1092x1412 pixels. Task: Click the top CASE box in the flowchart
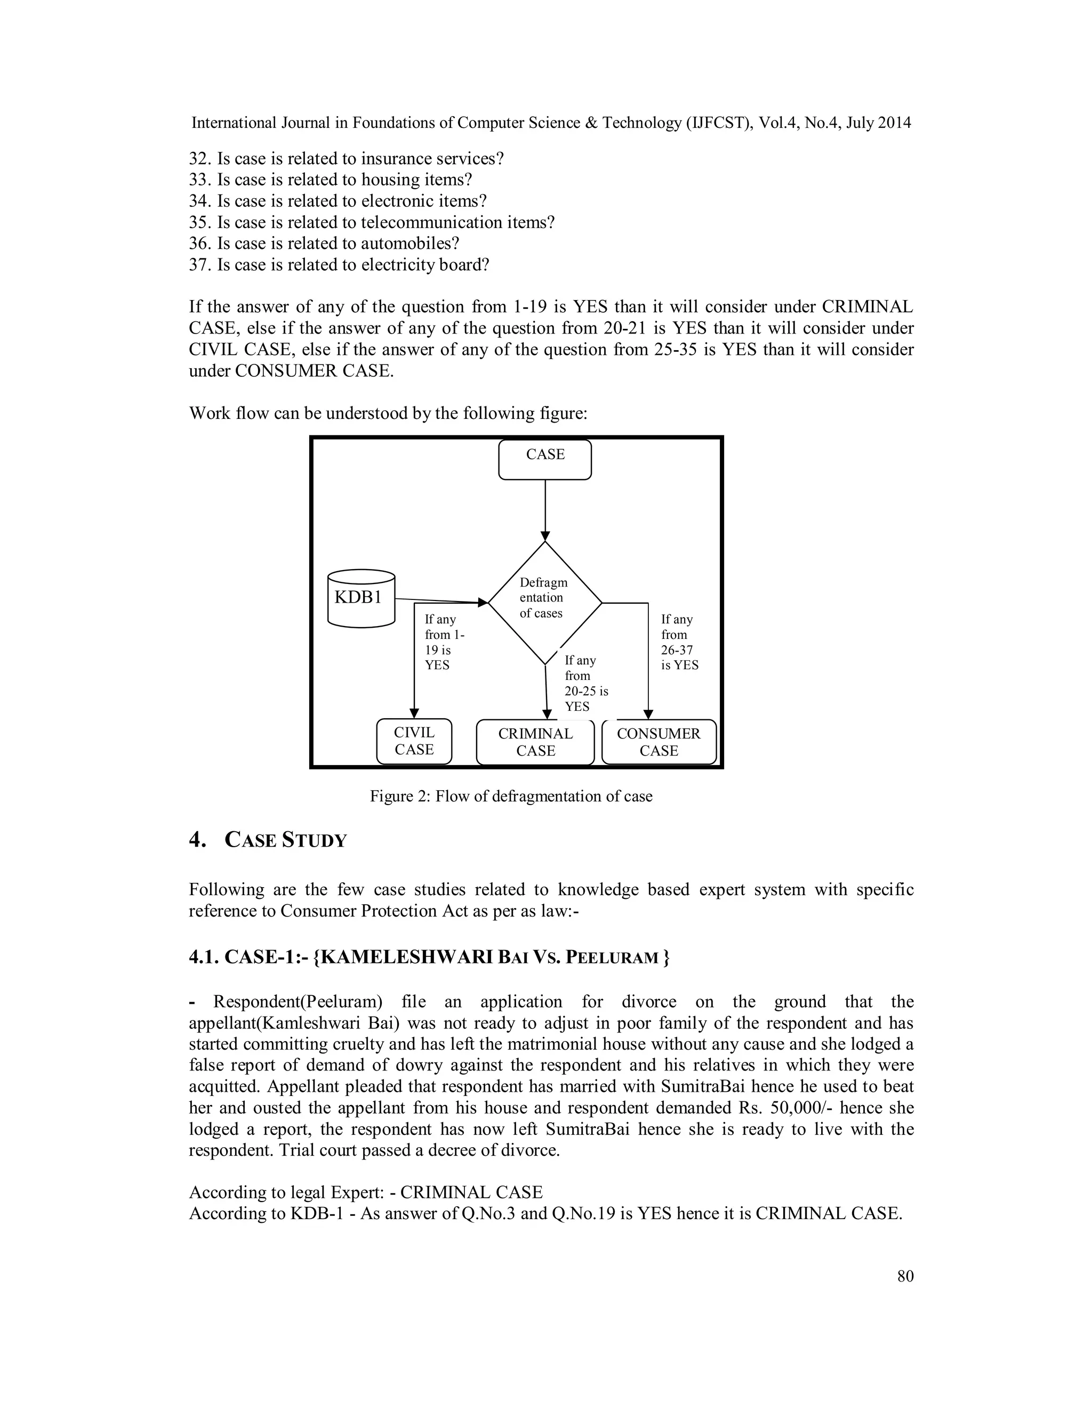tap(545, 460)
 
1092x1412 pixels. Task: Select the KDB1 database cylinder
tap(361, 598)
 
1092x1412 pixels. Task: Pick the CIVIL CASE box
tap(414, 741)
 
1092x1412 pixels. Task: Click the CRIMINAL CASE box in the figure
tap(535, 742)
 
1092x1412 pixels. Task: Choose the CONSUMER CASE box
tap(659, 742)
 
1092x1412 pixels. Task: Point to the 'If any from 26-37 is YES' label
tap(679, 642)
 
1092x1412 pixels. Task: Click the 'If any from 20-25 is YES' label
tap(585, 684)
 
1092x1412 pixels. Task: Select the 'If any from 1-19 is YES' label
tap(444, 642)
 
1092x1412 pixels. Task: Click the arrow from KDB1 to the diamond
tap(440, 600)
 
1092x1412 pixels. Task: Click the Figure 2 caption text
tap(510, 796)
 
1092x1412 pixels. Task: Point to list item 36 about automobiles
tap(324, 244)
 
